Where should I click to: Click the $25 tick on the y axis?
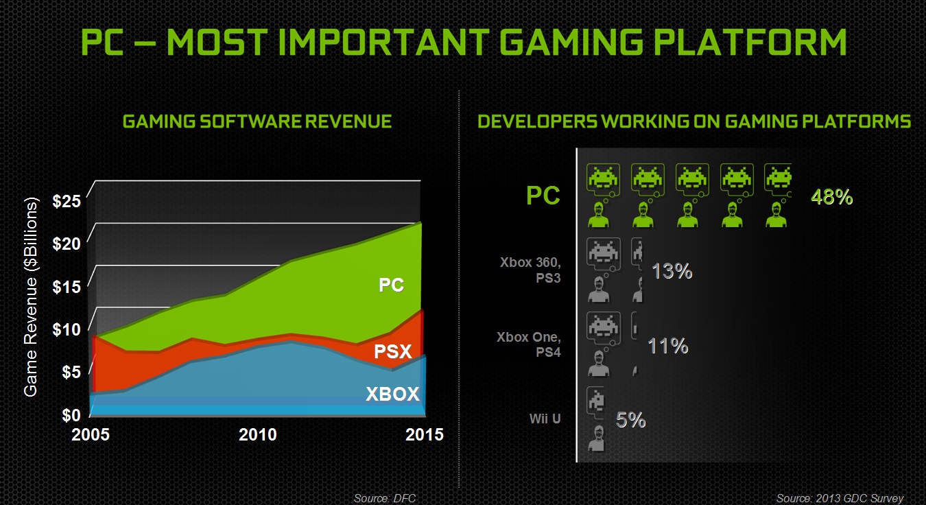pyautogui.click(x=67, y=201)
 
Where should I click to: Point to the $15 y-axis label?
pyautogui.click(x=67, y=286)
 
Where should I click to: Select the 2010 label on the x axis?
pyautogui.click(x=259, y=435)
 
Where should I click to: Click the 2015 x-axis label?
pyautogui.click(x=424, y=435)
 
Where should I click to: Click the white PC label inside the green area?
pyautogui.click(x=392, y=285)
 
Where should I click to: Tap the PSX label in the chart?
pyautogui.click(x=393, y=353)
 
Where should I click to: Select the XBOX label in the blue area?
pyautogui.click(x=392, y=395)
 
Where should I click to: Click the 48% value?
pyautogui.click(x=831, y=198)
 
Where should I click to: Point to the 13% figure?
pyautogui.click(x=672, y=272)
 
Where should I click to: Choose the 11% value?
pyautogui.click(x=668, y=346)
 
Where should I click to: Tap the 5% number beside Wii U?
pyautogui.click(x=630, y=420)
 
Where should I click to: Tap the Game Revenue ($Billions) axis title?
pyautogui.click(x=31, y=296)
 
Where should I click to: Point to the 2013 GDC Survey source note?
pyautogui.click(x=840, y=498)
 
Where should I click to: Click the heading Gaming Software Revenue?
pyautogui.click(x=257, y=122)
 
